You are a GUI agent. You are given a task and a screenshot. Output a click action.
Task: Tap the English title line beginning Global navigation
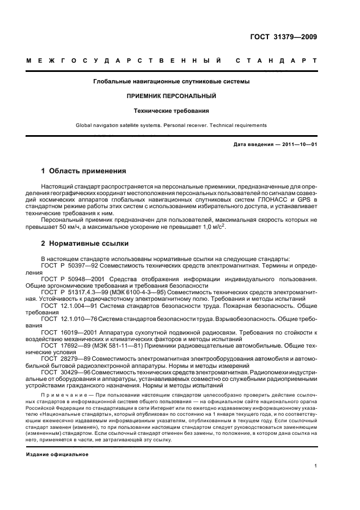[x=172, y=125]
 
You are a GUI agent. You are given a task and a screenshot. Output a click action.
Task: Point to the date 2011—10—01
[x=297, y=144]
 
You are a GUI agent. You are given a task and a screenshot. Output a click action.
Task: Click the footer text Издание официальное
[x=57, y=454]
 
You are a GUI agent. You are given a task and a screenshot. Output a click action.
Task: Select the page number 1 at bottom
[x=315, y=466]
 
